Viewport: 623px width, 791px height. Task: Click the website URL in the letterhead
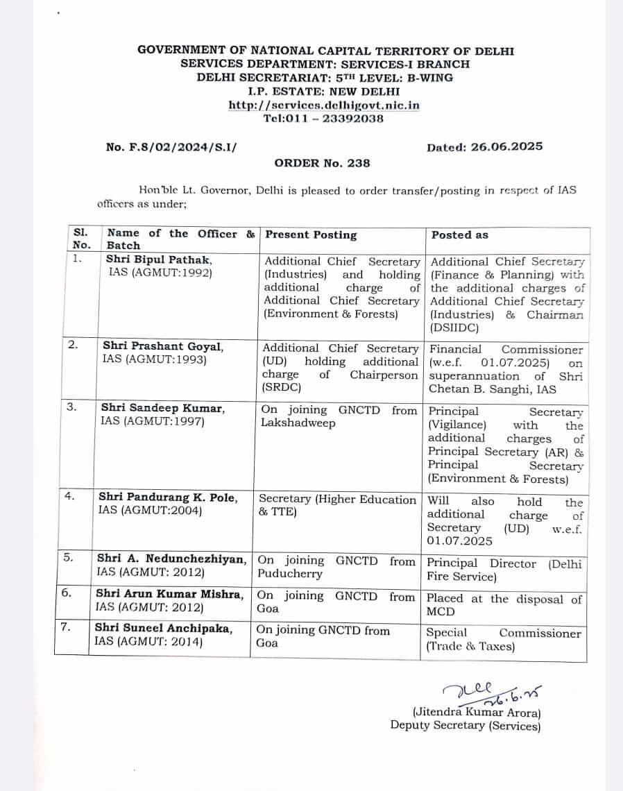coord(324,105)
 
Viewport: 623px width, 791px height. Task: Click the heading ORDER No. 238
coord(322,164)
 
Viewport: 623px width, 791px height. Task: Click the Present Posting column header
coord(311,235)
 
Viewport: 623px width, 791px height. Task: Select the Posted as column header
coord(459,235)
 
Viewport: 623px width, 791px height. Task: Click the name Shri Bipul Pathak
coord(159,260)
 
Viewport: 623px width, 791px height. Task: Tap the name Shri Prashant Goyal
coord(163,346)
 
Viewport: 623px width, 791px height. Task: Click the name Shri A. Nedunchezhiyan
coord(171,559)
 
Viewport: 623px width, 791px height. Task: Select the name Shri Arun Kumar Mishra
coord(170,594)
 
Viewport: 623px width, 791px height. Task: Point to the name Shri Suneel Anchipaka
coord(164,629)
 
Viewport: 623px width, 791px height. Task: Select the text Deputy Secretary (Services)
coord(464,726)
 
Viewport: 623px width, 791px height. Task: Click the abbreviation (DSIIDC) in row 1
coord(454,328)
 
